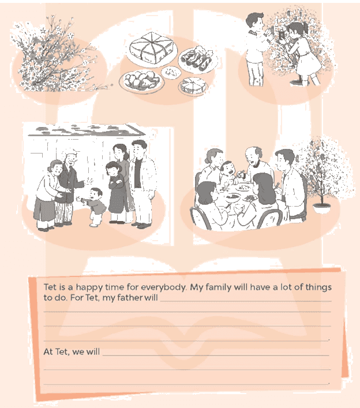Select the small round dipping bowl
pos(171,72)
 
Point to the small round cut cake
pos(193,85)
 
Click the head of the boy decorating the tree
pos(255,21)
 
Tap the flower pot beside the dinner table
pos(322,208)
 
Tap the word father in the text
pos(130,297)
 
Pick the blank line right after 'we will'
pos(216,355)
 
